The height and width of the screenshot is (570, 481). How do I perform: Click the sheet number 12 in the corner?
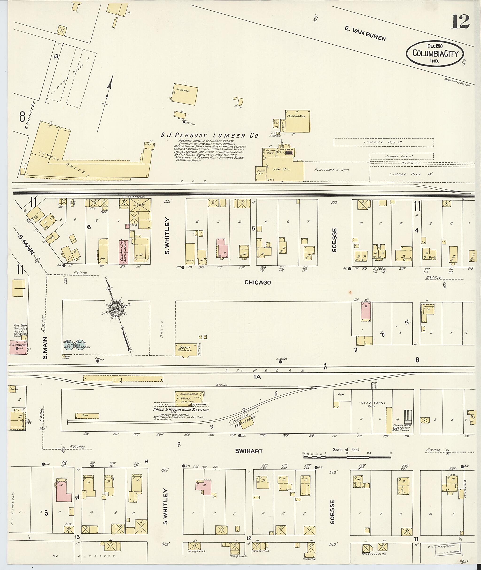pyautogui.click(x=460, y=22)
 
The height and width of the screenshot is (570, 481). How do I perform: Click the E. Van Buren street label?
pyautogui.click(x=365, y=34)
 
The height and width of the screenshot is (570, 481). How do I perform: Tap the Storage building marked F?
pyautogui.click(x=185, y=94)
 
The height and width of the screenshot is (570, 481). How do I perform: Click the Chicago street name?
pyautogui.click(x=257, y=283)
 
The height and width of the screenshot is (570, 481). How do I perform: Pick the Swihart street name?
pyautogui.click(x=249, y=451)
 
